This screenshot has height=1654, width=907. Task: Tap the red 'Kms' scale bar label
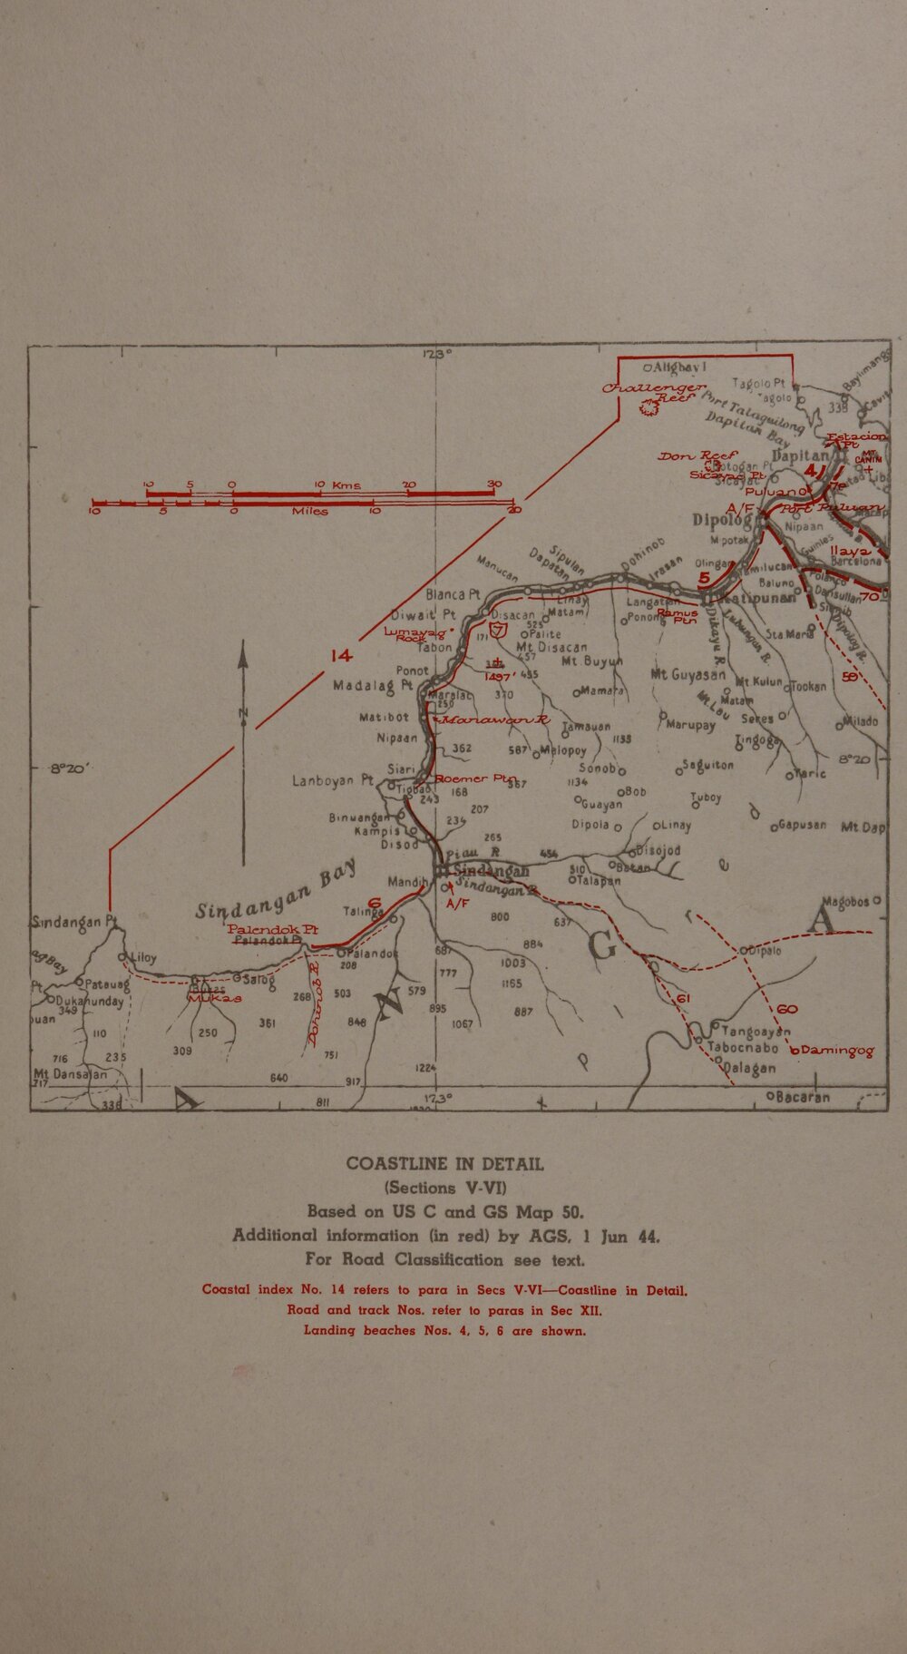(346, 486)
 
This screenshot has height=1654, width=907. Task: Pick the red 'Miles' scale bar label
(309, 512)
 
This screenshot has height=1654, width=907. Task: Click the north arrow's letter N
(243, 713)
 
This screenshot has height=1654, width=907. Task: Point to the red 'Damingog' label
(837, 1051)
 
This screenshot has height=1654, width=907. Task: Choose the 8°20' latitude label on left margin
(68, 768)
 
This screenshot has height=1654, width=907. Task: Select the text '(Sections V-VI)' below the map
(444, 1187)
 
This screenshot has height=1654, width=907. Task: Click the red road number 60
(786, 1010)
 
